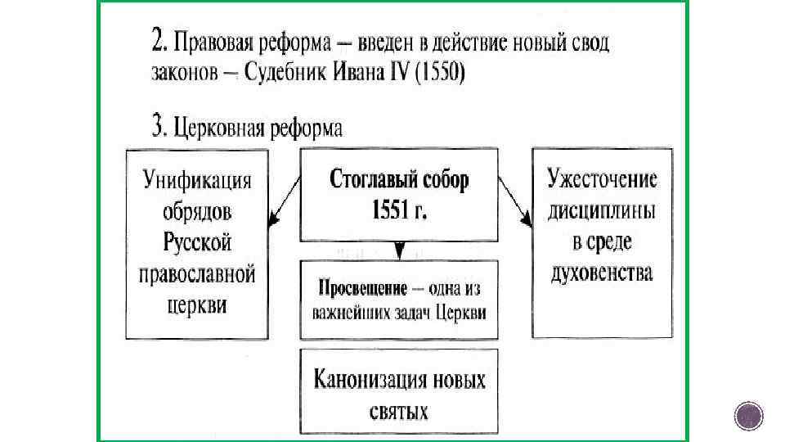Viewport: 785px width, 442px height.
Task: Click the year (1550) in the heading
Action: pos(440,72)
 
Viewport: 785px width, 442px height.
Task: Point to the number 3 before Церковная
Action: pos(158,126)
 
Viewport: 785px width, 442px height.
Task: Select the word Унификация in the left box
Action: pos(197,181)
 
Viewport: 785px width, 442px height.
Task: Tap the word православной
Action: pos(197,273)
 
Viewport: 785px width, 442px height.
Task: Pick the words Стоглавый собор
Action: pos(399,180)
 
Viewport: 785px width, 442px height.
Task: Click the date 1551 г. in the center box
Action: pos(399,210)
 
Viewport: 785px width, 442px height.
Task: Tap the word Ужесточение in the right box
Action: pos(603,181)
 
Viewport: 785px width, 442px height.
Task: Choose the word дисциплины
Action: pos(602,211)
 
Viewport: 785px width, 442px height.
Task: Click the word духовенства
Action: pos(602,273)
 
